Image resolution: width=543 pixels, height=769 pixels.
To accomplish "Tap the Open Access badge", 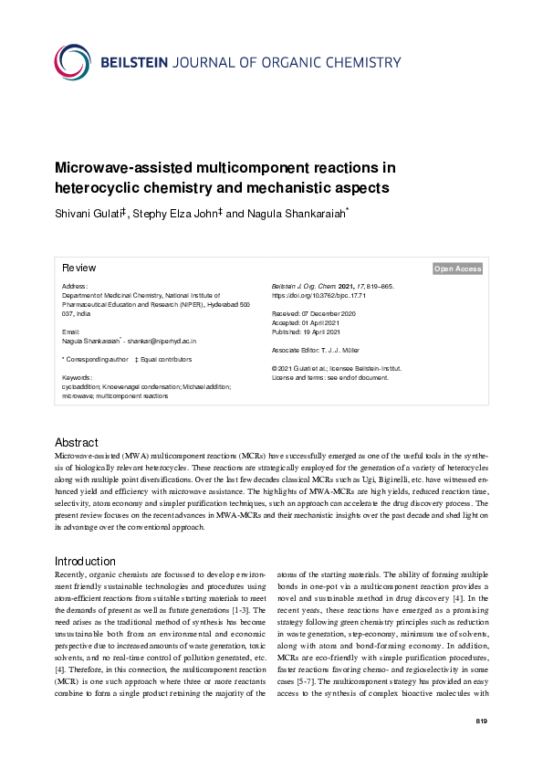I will (458, 269).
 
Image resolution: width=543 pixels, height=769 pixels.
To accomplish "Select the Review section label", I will (78, 269).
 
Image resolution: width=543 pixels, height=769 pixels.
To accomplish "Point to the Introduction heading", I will (85, 561).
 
